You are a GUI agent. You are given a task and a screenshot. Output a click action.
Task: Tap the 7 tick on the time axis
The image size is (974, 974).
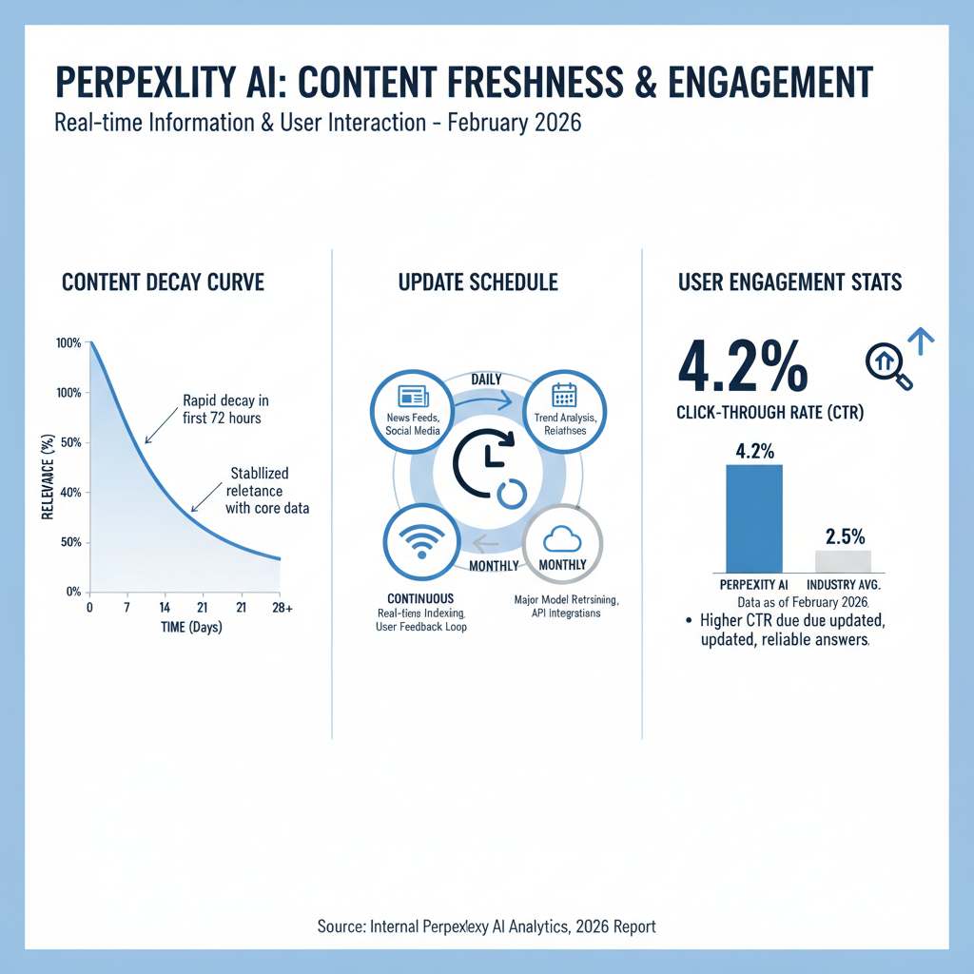pyautogui.click(x=127, y=607)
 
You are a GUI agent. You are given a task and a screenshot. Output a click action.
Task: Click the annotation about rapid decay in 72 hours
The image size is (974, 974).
pyautogui.click(x=224, y=409)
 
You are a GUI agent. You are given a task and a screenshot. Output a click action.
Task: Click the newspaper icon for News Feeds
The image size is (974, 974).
pyautogui.click(x=413, y=397)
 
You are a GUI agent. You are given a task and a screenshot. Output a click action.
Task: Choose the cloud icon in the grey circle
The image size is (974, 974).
pyautogui.click(x=562, y=540)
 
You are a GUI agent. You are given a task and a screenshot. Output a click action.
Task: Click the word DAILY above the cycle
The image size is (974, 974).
pyautogui.click(x=487, y=380)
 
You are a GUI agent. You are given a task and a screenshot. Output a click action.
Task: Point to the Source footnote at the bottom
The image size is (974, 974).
pyautogui.click(x=486, y=925)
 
